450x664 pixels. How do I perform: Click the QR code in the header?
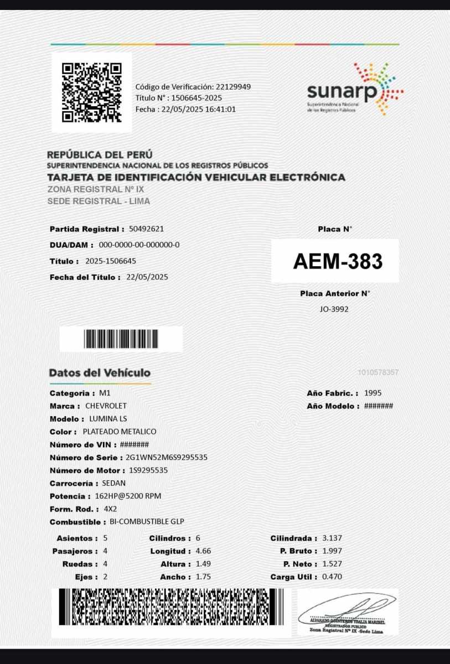click(x=92, y=92)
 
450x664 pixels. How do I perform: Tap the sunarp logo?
click(x=355, y=90)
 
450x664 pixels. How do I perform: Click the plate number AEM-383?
click(x=338, y=261)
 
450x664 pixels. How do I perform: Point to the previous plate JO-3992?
click(x=334, y=309)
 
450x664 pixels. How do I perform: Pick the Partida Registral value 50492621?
click(x=146, y=229)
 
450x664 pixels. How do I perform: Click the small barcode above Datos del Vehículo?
click(x=121, y=339)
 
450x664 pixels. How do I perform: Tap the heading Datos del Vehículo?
click(x=100, y=373)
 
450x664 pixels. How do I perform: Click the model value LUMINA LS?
click(x=108, y=419)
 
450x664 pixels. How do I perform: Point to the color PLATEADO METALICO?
click(x=120, y=432)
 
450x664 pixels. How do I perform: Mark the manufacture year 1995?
click(x=373, y=393)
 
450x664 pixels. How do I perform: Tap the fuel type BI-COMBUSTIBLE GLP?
click(x=147, y=522)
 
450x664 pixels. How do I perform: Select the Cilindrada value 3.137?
click(x=332, y=538)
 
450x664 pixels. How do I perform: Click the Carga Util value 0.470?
click(x=332, y=577)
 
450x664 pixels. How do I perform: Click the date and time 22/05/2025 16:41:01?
click(x=198, y=109)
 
